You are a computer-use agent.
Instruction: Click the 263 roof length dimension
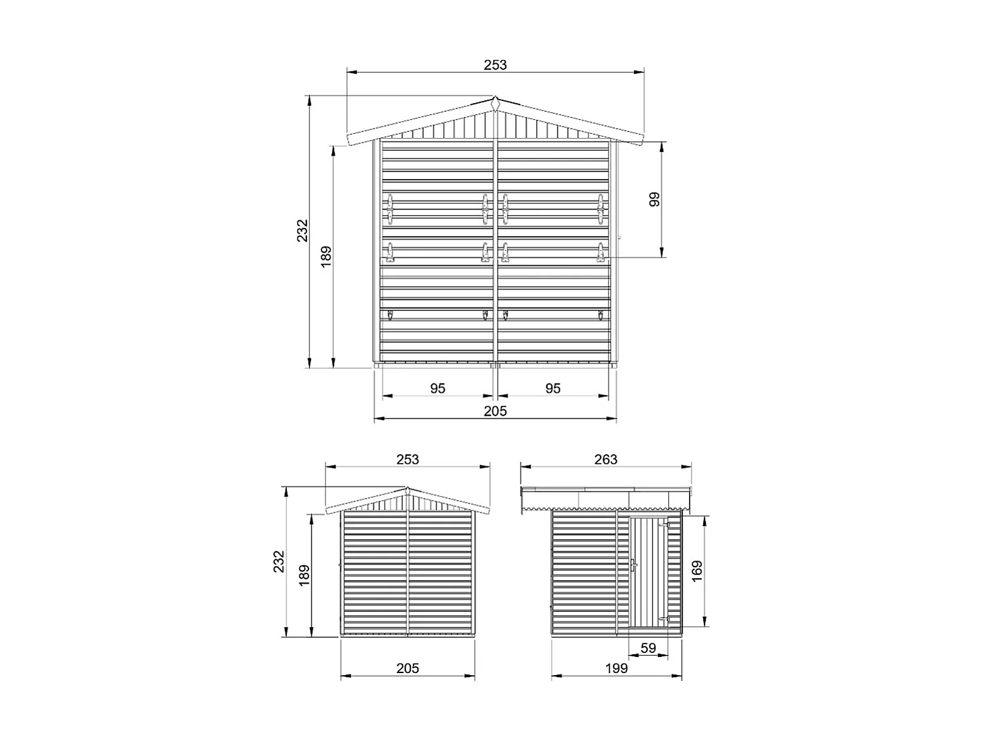[x=605, y=459]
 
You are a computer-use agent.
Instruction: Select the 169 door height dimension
[x=696, y=571]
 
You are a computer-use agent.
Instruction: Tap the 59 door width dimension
[x=647, y=648]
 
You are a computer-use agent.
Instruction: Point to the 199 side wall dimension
[x=616, y=668]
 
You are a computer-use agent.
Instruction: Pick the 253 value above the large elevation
[x=495, y=65]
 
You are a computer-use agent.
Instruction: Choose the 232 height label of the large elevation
[x=302, y=230]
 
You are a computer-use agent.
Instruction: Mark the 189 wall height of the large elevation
[x=327, y=258]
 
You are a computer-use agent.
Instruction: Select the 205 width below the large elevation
[x=495, y=411]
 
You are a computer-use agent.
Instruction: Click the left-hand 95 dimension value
[x=438, y=388]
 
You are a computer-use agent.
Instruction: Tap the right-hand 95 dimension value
[x=553, y=388]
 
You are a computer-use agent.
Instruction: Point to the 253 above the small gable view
[x=407, y=459]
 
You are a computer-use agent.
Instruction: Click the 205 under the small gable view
[x=407, y=668]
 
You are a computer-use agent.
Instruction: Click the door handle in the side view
[x=633, y=565]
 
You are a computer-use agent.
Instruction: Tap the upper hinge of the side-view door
[x=665, y=524]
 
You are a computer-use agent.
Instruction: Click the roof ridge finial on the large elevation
[x=495, y=103]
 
